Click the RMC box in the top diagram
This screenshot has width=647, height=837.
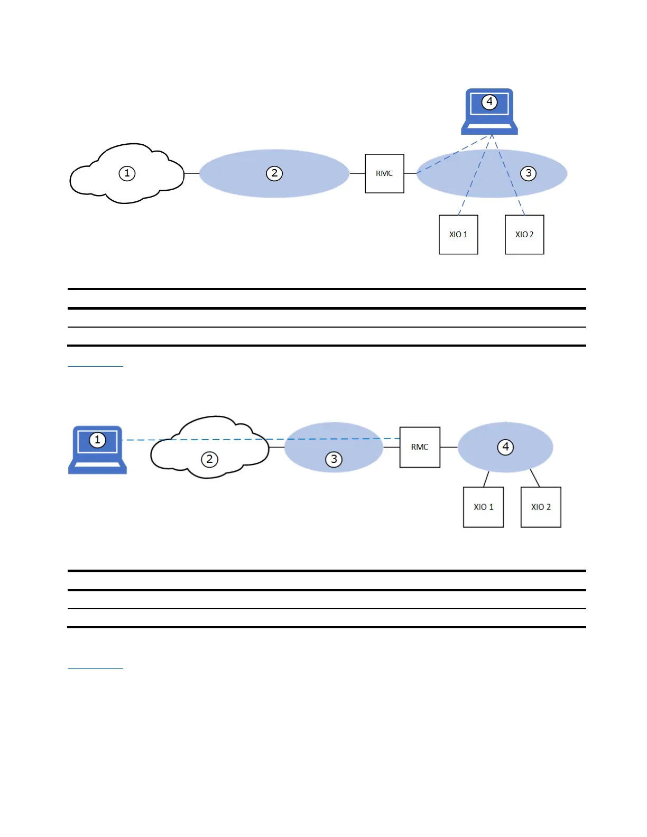[384, 173]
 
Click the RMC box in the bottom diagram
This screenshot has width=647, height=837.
[420, 447]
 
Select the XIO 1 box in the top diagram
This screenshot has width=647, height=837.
[458, 234]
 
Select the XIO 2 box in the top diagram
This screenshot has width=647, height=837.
[524, 234]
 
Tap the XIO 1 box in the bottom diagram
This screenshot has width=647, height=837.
[483, 507]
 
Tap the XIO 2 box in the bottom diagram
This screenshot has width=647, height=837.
[541, 507]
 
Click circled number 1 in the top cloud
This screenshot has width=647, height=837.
[127, 173]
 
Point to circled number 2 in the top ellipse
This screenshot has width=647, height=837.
[274, 173]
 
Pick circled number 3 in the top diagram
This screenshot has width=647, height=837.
[528, 173]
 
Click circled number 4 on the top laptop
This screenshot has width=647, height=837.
[489, 101]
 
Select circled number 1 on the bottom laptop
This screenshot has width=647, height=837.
[97, 440]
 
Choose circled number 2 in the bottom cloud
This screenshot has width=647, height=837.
[209, 459]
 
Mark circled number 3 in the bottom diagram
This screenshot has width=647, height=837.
[334, 459]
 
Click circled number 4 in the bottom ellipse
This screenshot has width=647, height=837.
[505, 447]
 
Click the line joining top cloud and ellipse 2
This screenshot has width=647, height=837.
[191, 173]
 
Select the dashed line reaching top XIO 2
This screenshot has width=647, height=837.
[519, 203]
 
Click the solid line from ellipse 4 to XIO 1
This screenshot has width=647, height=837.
[486, 479]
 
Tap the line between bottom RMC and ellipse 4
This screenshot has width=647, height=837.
[449, 447]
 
